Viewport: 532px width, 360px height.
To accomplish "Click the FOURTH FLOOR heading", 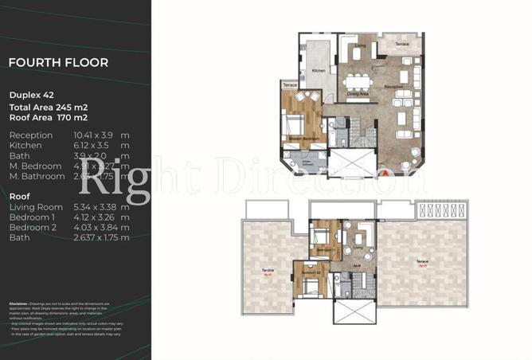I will click(x=58, y=62).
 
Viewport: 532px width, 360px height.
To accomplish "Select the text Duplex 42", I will click(x=31, y=93).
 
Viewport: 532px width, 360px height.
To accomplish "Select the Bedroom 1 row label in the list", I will click(x=31, y=217).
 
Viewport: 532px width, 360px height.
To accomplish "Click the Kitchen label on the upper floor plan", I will click(x=319, y=72).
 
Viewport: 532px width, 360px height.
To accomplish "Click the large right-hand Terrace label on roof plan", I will click(x=423, y=261).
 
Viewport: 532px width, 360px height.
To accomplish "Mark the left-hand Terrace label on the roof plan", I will click(x=268, y=271).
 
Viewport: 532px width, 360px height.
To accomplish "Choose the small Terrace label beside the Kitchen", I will click(x=291, y=85).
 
